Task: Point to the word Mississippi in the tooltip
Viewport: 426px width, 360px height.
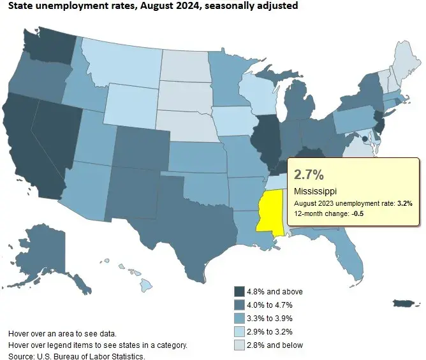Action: coord(316,191)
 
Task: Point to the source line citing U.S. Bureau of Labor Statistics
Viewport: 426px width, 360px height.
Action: coord(77,356)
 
